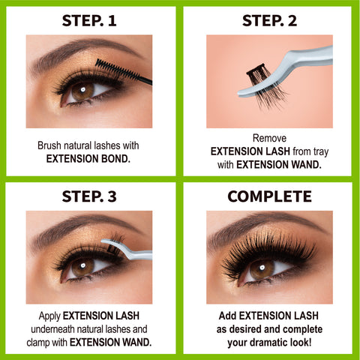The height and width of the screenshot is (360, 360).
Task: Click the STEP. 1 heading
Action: (89, 21)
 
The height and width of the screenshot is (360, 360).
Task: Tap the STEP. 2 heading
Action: (269, 21)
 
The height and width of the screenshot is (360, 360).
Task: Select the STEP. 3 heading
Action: (89, 197)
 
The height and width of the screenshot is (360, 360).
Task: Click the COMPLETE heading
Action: (269, 197)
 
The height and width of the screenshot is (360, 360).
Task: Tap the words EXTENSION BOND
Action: (89, 159)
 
